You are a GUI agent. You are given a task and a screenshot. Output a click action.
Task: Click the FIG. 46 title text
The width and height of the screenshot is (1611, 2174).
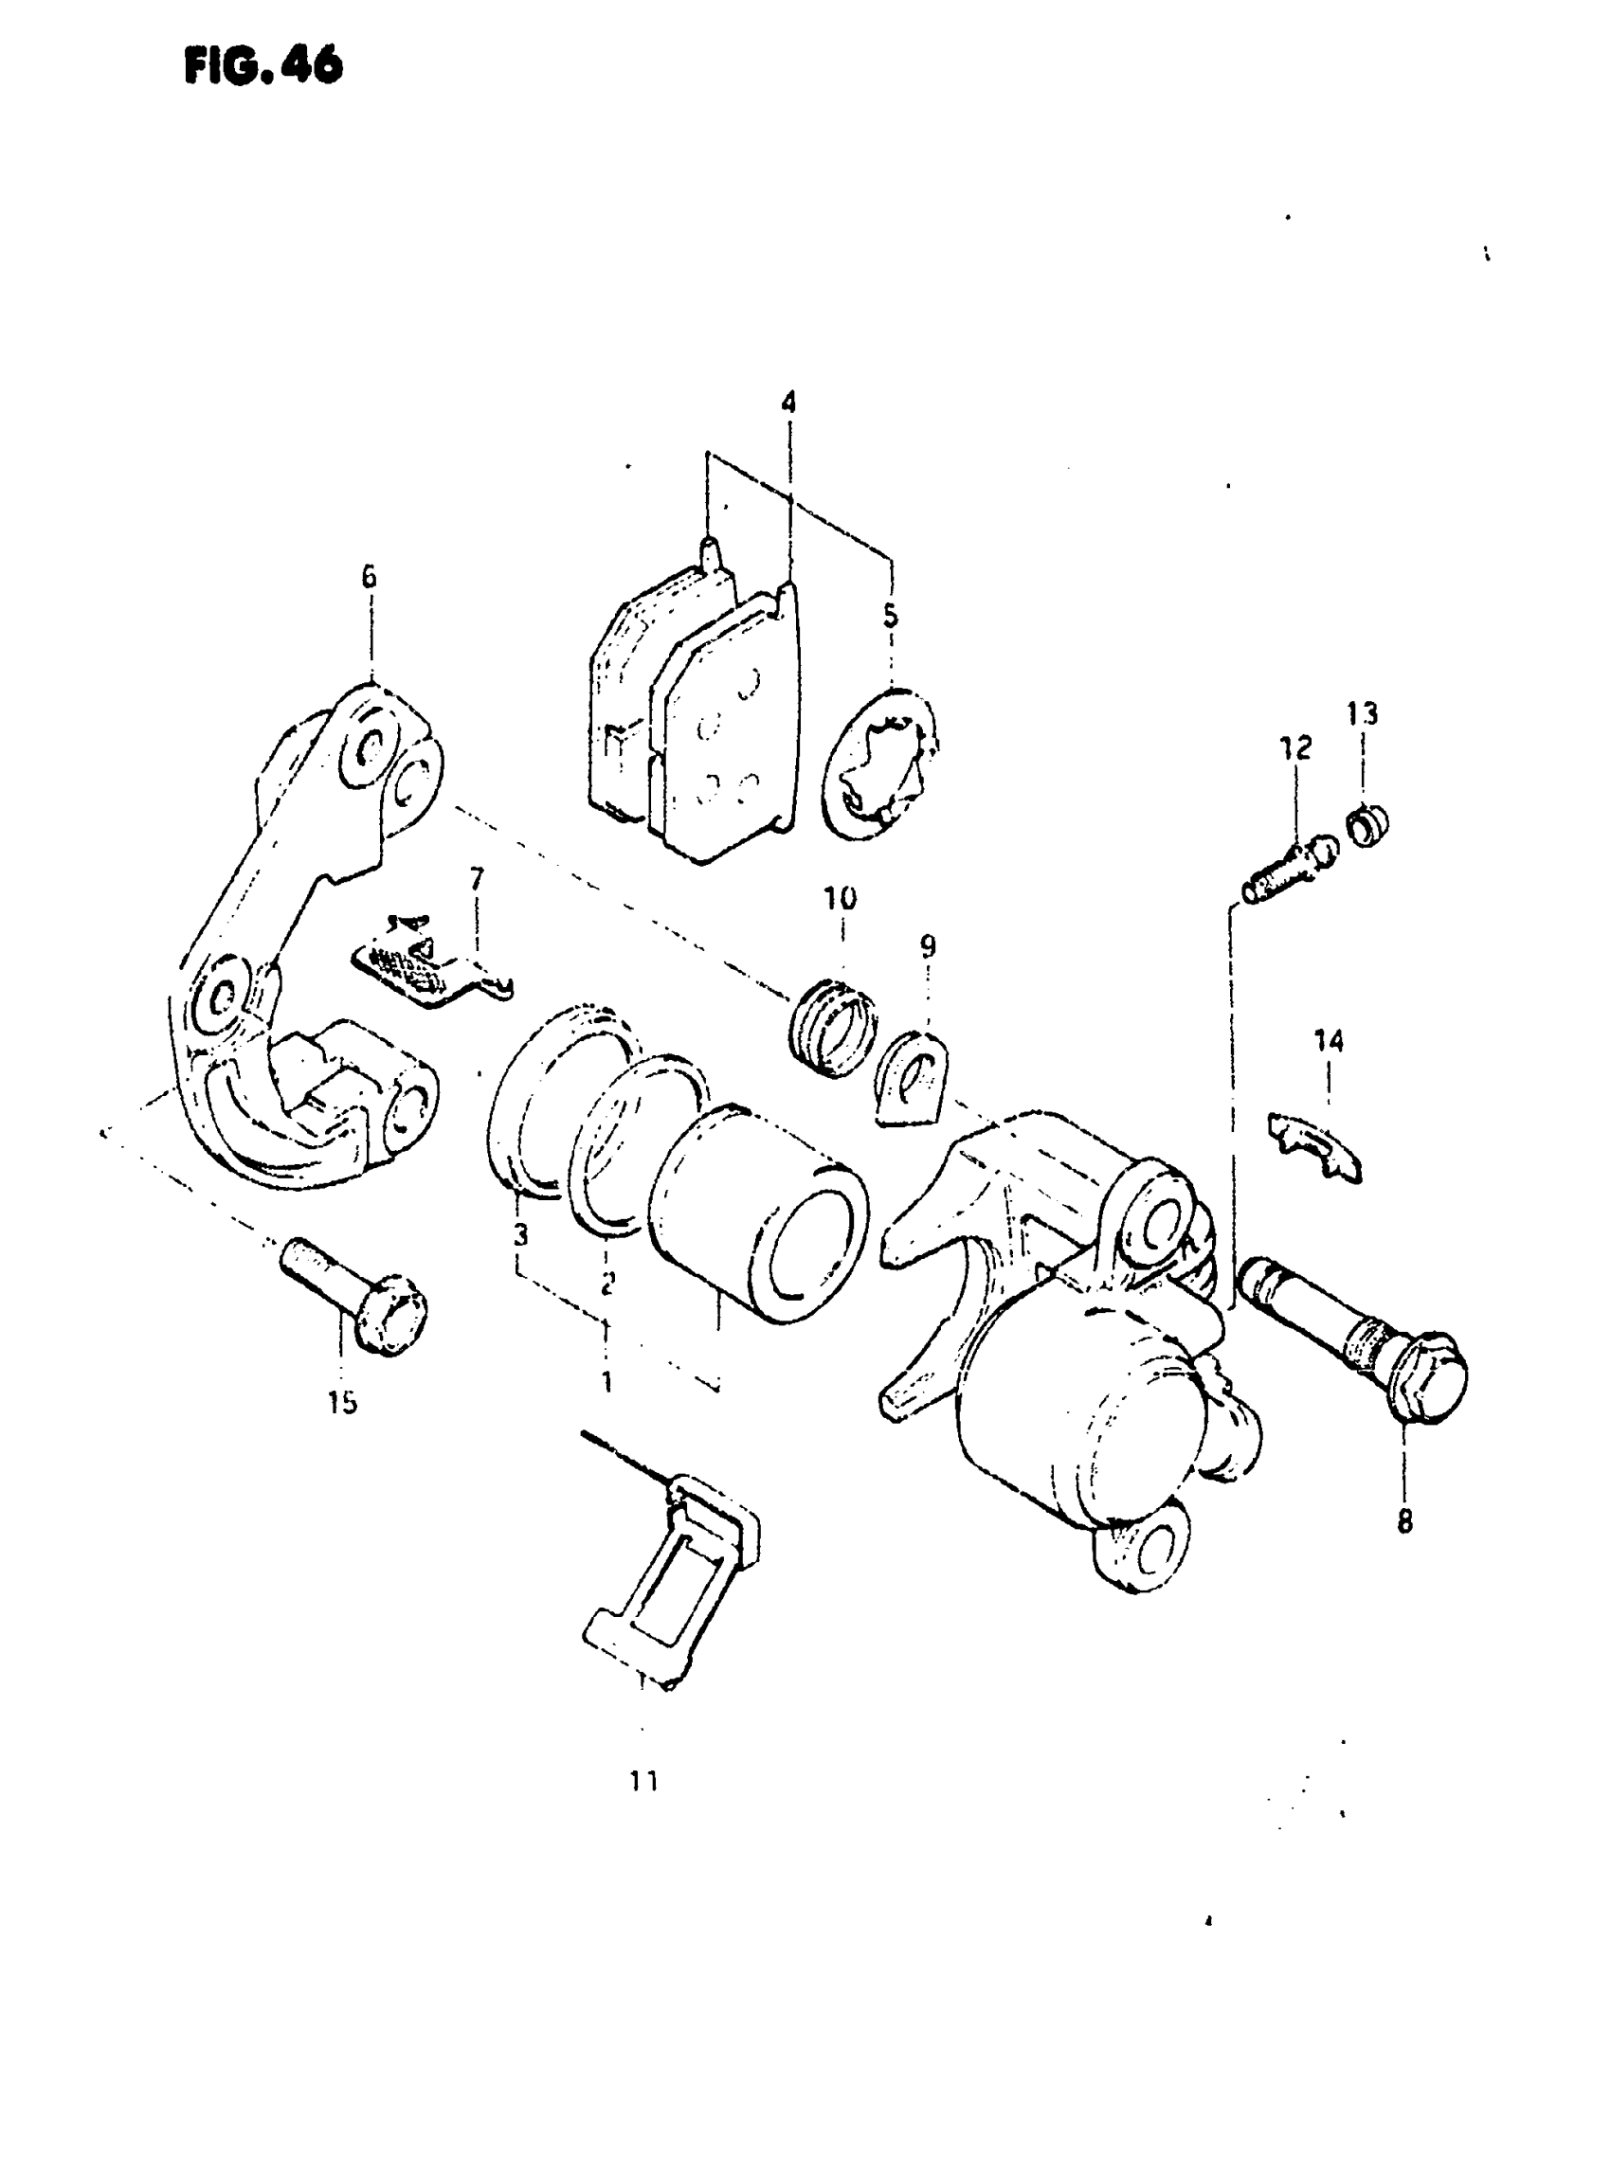tap(263, 65)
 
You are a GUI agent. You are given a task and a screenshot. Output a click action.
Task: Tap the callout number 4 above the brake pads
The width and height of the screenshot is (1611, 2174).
tap(787, 402)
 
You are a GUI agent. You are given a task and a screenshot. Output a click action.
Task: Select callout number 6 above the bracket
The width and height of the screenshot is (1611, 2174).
tap(369, 577)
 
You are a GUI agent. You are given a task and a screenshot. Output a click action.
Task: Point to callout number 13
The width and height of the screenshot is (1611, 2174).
tap(1363, 713)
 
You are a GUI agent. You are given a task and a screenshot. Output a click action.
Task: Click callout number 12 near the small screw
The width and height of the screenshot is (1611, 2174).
tap(1296, 747)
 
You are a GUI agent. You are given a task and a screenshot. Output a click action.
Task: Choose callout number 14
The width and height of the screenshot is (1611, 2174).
tap(1329, 1041)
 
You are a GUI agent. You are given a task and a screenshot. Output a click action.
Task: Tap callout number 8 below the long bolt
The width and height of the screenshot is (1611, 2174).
tap(1404, 1520)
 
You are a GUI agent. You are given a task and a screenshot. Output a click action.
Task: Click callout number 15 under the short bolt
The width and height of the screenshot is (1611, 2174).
tap(342, 1403)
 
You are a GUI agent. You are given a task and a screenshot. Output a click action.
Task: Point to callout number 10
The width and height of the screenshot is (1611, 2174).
tap(841, 898)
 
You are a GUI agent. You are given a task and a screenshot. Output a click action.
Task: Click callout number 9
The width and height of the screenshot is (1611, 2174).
tap(928, 945)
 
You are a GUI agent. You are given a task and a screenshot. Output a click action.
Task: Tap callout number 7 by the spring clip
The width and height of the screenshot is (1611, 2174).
tap(476, 880)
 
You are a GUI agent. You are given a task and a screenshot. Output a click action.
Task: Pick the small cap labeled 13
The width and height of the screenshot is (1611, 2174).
tap(1369, 826)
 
